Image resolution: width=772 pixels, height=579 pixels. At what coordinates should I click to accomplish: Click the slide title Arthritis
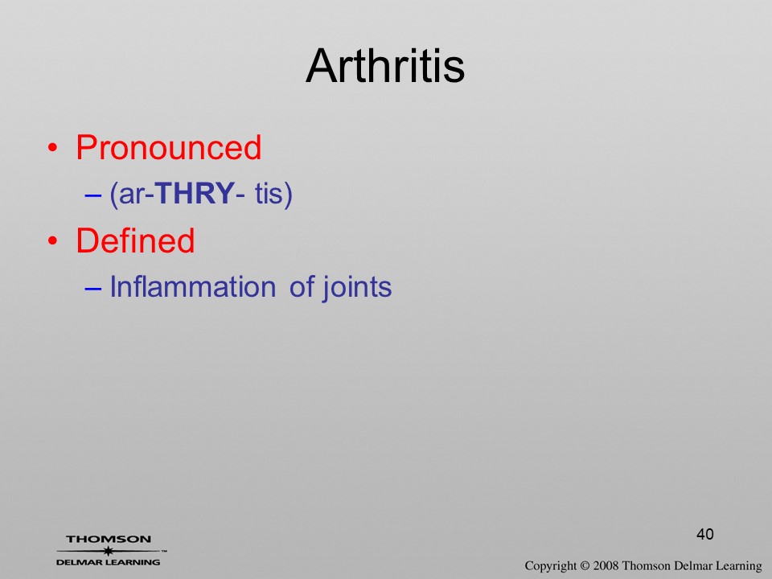385,66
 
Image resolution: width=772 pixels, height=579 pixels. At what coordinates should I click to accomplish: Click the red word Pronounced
168,147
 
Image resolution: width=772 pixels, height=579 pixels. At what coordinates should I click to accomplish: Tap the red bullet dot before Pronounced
53,148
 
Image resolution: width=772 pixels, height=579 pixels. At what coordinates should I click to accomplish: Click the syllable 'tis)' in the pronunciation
273,194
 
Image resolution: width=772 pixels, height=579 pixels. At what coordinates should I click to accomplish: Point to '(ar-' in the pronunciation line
131,194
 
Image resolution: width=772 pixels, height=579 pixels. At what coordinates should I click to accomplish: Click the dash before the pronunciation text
92,195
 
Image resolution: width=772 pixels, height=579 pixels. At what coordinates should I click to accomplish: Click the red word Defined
135,240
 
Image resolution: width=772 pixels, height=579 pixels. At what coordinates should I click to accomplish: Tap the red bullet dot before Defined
53,240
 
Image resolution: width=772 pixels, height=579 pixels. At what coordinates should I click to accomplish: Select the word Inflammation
192,286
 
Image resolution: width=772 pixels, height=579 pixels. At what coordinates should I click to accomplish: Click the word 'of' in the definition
302,286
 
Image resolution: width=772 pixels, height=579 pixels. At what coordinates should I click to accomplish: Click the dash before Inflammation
92,289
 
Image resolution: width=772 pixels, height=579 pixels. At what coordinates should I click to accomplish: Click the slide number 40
705,534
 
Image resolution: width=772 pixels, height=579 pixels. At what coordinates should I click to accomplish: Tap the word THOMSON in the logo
109,539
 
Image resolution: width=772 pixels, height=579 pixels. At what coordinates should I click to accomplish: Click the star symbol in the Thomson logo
109,551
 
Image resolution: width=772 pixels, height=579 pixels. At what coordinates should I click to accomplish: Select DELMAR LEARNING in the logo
109,562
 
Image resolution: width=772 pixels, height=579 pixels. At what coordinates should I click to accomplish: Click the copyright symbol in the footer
585,565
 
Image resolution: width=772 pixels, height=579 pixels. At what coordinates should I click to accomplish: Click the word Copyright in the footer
550,566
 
